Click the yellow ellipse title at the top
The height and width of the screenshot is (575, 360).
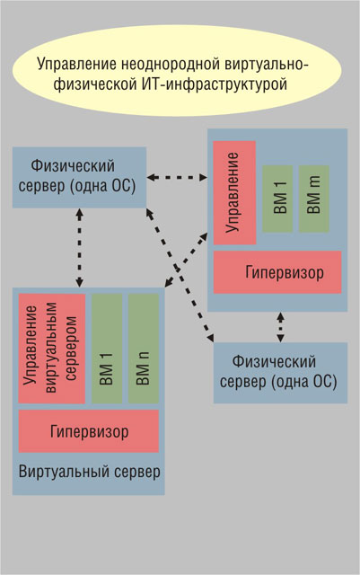coord(177,71)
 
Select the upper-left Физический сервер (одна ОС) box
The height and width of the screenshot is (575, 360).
coord(80,178)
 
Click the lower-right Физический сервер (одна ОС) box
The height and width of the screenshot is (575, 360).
coord(280,373)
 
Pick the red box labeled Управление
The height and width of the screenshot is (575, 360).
coord(234,193)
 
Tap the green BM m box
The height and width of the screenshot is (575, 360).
coord(314,199)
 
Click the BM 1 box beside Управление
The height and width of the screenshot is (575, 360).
coord(277,199)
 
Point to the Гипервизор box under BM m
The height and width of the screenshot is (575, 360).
coord(277,272)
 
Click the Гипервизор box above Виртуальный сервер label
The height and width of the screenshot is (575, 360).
coord(89,431)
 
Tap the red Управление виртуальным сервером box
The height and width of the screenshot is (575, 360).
coord(52,349)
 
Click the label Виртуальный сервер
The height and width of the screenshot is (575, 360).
coord(90,472)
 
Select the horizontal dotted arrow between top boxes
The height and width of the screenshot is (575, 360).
coord(177,178)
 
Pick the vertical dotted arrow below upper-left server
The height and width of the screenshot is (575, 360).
coord(80,248)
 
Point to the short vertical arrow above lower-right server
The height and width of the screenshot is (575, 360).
coord(280,327)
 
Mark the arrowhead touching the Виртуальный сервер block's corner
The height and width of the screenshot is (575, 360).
coord(168,283)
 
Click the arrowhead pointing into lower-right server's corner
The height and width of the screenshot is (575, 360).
coord(210,338)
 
